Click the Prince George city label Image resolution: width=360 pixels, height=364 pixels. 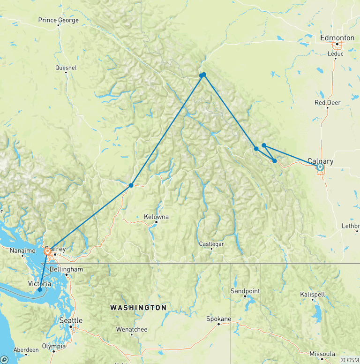(58, 20)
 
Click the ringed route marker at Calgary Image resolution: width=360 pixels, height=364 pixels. (320, 167)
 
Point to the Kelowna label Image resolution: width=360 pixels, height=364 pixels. (157, 217)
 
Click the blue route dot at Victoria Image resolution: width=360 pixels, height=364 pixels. (39, 289)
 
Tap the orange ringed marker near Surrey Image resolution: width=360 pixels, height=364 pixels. (47, 251)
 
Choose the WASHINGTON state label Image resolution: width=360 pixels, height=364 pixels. (138, 308)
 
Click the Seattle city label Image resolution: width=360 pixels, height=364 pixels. (71, 320)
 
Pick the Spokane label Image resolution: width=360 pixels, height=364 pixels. (219, 319)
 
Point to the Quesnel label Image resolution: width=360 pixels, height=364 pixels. (66, 68)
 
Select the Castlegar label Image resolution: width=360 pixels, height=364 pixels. (211, 244)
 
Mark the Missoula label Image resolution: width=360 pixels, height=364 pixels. (322, 354)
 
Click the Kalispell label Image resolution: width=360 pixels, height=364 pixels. (313, 294)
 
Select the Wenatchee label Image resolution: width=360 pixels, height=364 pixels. (132, 329)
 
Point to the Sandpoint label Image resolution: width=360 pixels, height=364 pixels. (245, 291)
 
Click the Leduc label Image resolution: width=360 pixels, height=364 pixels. (336, 53)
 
